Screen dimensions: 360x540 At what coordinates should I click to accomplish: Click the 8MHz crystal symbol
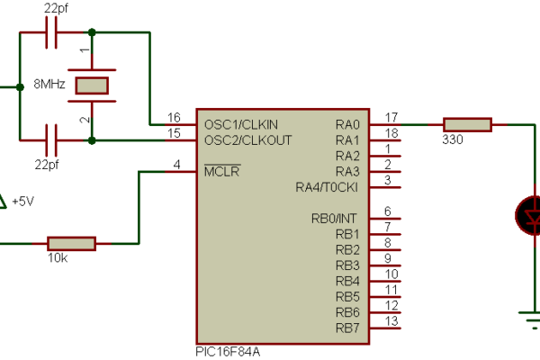92,85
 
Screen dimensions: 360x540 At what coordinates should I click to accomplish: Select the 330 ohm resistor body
466,124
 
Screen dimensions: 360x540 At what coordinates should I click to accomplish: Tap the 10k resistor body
71,243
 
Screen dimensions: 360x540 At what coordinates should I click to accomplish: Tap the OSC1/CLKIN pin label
241,123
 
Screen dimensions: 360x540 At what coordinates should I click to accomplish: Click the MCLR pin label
221,171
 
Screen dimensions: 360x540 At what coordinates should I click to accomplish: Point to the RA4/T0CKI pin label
328,187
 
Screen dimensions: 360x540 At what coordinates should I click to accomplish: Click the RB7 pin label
347,327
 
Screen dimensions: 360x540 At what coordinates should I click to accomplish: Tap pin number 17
391,116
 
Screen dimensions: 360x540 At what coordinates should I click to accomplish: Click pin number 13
391,320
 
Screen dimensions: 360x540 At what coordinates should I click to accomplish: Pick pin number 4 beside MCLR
176,164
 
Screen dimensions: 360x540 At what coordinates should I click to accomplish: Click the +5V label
22,201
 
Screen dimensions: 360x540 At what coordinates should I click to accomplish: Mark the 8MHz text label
49,84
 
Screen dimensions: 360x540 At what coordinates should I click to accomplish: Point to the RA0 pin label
346,123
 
